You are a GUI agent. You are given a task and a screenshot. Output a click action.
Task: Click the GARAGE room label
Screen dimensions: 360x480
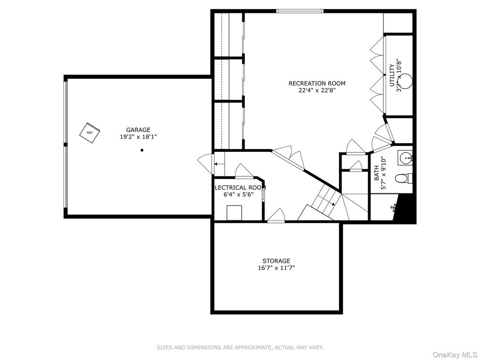tap(138, 130)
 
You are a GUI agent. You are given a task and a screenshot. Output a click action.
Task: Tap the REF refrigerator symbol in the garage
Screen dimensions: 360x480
tap(90, 132)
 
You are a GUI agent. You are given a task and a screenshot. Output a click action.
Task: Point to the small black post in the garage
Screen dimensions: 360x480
tap(142, 150)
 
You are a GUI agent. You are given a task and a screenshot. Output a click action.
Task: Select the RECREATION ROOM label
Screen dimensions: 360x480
tap(317, 83)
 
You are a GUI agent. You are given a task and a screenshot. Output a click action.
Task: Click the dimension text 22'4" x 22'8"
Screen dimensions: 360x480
tap(317, 90)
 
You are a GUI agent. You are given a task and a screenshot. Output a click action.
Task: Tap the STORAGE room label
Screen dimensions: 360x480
tap(276, 261)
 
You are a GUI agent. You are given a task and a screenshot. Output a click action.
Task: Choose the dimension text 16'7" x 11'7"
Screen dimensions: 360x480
tap(276, 268)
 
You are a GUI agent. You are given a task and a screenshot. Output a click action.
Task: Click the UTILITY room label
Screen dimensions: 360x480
tap(392, 75)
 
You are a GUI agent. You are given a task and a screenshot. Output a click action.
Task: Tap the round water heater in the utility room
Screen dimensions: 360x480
tap(405, 81)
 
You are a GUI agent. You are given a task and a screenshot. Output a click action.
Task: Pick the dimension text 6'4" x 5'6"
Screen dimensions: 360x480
tap(239, 195)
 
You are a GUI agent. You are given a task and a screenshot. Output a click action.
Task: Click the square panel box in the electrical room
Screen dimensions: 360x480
tap(234, 212)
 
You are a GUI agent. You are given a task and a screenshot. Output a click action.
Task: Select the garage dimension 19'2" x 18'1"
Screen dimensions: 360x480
tap(138, 137)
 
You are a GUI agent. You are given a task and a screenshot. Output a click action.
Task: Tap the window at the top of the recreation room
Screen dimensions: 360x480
tap(299, 11)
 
